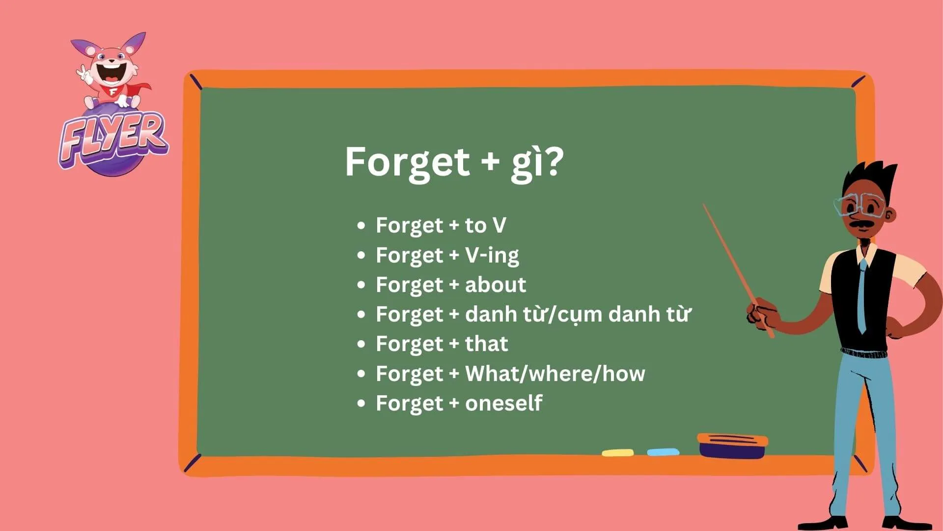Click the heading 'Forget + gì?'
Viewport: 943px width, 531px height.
click(x=454, y=162)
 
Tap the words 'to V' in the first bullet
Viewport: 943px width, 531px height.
click(x=485, y=226)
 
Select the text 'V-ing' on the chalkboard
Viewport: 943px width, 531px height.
click(x=492, y=256)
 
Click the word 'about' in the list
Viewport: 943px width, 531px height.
click(x=495, y=285)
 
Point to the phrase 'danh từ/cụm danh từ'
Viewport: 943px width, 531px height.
click(x=578, y=315)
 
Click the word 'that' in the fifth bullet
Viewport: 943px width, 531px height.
click(x=486, y=344)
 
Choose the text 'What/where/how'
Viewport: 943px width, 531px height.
click(x=555, y=374)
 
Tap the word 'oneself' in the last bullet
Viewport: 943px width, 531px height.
click(x=503, y=403)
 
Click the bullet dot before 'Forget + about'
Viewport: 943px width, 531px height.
click(x=361, y=285)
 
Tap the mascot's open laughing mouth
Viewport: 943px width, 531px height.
click(x=109, y=74)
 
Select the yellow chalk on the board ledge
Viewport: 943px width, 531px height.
click(x=617, y=452)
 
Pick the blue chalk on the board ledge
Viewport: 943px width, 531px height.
click(x=663, y=452)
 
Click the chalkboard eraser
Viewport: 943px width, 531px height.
click(x=732, y=445)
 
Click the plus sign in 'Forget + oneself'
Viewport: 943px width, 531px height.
click(x=454, y=404)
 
